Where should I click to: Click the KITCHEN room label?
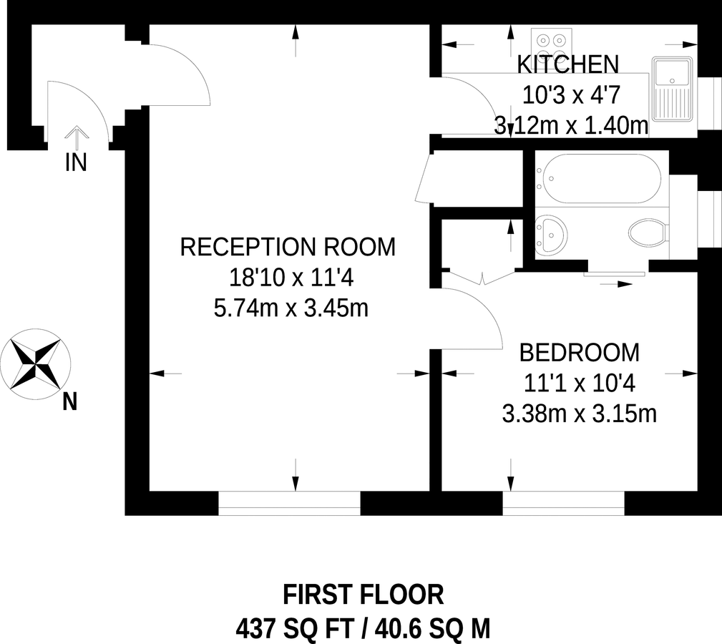pos(567,64)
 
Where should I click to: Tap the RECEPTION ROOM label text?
pos(287,247)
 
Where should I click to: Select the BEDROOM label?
pos(579,353)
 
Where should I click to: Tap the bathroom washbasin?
pos(551,234)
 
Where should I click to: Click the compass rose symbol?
pos(34,363)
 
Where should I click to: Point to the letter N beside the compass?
pos(69,403)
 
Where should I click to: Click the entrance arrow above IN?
pos(76,135)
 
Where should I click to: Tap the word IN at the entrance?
pos(76,163)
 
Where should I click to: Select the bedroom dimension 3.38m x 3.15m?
pos(579,414)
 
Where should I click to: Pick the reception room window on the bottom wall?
pos(288,503)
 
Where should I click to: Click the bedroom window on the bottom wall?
pos(563,503)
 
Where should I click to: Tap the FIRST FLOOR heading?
pos(363,595)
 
